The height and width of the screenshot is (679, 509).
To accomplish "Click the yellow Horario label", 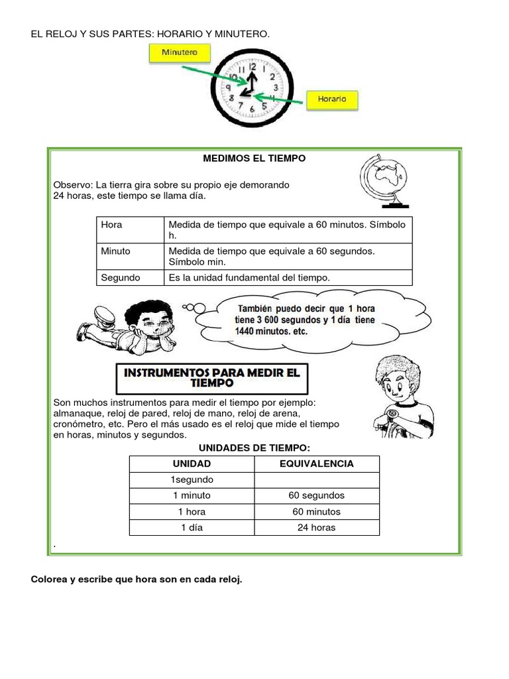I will tap(332, 99).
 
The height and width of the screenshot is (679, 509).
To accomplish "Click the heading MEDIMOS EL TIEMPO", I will tap(254, 159).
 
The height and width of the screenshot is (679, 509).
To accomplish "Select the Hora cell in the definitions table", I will tap(112, 225).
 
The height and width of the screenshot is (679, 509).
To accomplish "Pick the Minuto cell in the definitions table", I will tap(115, 251).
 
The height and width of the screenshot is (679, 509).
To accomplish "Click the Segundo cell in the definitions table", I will tap(120, 277).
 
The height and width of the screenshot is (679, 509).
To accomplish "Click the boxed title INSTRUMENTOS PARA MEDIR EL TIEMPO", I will tap(212, 378).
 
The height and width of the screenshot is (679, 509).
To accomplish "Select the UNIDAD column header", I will tap(192, 463).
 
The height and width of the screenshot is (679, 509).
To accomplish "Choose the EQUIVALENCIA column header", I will tap(316, 463).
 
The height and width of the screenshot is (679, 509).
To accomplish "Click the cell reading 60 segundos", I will tap(316, 495).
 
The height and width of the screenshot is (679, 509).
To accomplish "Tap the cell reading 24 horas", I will tap(316, 528).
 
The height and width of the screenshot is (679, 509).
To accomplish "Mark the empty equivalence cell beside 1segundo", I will tap(316, 479).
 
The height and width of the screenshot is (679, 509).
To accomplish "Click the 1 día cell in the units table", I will tap(192, 528).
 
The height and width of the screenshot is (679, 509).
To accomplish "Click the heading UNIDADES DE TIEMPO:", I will tap(254, 448).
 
